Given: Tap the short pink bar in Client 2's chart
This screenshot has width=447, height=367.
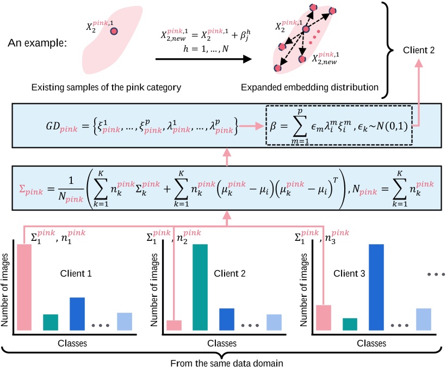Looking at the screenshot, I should tap(174, 325).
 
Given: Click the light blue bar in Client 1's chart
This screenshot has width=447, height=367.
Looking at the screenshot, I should tap(125, 321).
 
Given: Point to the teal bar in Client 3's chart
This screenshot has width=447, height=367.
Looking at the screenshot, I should tap(350, 324).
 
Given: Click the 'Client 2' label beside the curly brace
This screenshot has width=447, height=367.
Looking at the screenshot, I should tap(418, 51).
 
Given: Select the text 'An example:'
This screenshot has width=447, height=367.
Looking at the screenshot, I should tap(37, 42).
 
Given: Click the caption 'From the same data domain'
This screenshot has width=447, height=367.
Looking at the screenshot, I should tap(223, 361).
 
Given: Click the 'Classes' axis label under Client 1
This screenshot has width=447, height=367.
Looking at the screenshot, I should tap(73, 343).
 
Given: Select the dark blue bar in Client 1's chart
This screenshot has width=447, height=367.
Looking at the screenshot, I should tap(77, 313).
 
